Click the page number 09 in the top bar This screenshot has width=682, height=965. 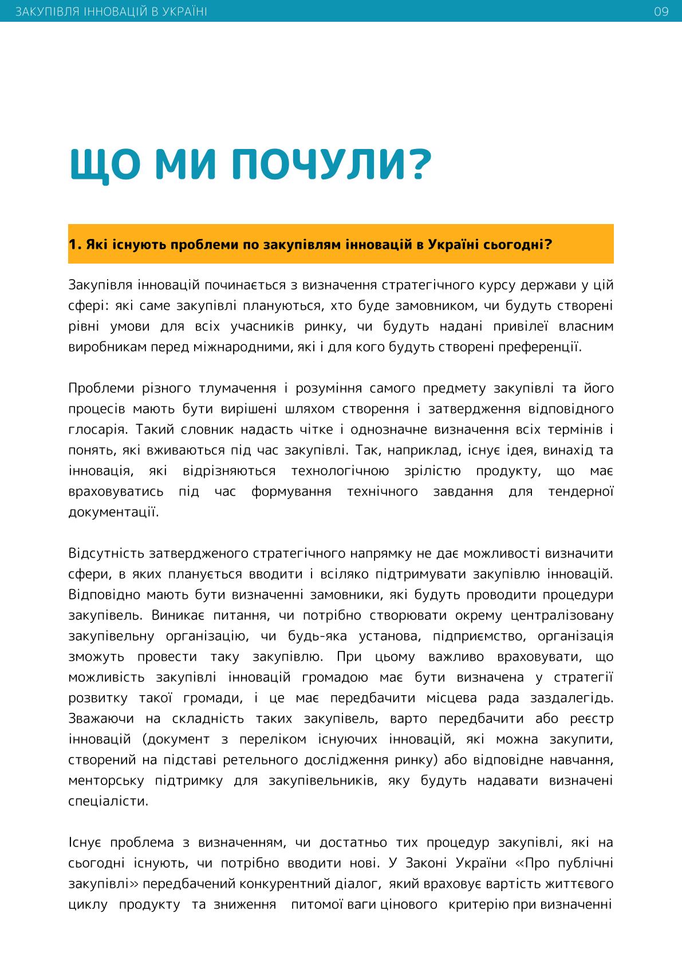(661, 11)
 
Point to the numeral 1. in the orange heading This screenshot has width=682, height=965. (74, 245)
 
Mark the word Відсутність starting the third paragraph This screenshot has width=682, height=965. (106, 554)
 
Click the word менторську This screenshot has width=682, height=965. (104, 780)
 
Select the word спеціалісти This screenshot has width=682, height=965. (108, 801)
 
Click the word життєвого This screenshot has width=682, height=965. (580, 884)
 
